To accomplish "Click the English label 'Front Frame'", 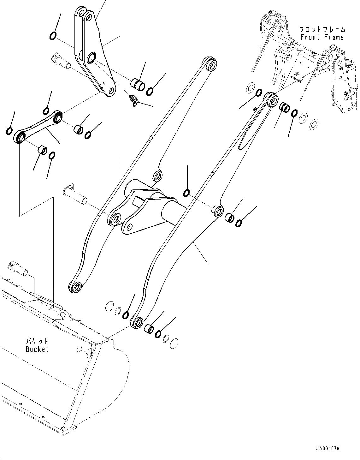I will pyautogui.click(x=322, y=37).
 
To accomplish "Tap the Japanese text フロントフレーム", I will pyautogui.click(x=322, y=30).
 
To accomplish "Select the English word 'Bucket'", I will pyautogui.click(x=37, y=349).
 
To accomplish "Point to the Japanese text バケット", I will pyautogui.click(x=37, y=341).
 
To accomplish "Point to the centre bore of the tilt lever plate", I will pyautogui.click(x=92, y=58).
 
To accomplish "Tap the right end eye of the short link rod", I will pyautogui.click(x=58, y=118).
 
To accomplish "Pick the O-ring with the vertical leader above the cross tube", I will pyautogui.click(x=187, y=192).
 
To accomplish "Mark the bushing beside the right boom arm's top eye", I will pyautogui.click(x=285, y=108).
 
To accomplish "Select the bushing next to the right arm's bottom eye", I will pyautogui.click(x=149, y=329).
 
